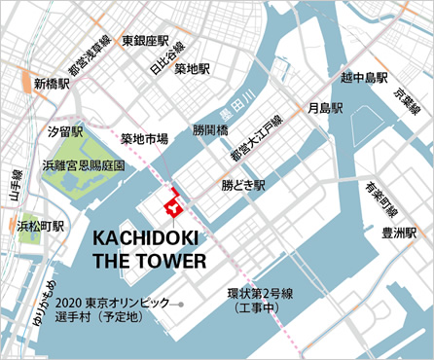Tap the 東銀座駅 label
pos(146,42)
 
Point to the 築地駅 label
pos(193,69)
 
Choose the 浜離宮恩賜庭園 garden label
pos(85,166)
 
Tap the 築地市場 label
pos(145,139)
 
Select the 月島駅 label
pos(325,107)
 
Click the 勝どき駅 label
pos(243,184)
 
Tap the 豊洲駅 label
pos(400,233)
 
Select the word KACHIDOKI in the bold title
pos(149,239)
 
